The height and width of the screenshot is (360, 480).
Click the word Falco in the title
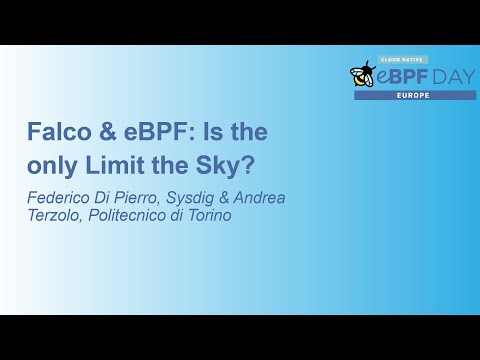point(54,132)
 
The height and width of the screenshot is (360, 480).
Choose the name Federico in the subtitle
point(58,197)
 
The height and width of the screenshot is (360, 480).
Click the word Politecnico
point(131,215)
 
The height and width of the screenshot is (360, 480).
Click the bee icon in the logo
point(362,74)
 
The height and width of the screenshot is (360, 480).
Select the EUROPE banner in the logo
point(414,95)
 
